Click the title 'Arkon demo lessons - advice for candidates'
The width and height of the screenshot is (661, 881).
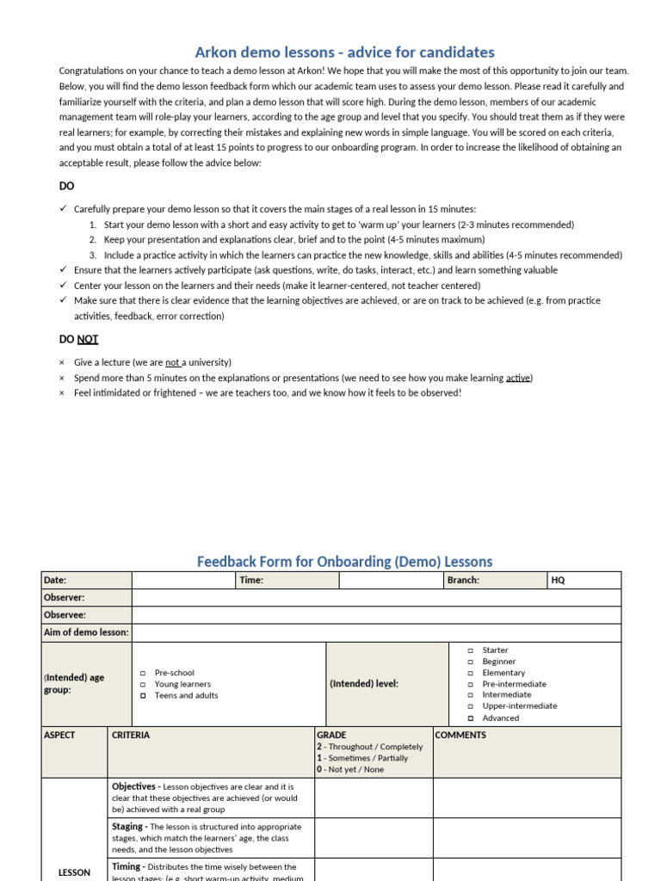click(x=344, y=52)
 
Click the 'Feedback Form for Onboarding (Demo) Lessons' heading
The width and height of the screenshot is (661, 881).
click(x=344, y=562)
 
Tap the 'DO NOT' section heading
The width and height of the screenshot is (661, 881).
click(x=78, y=339)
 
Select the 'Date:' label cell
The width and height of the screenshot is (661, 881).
click(x=55, y=581)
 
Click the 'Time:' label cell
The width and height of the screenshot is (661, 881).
click(x=251, y=581)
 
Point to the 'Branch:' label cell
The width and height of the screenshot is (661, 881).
click(x=463, y=581)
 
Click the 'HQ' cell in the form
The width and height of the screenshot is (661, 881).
click(x=559, y=581)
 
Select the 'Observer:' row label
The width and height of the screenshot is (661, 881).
click(x=65, y=598)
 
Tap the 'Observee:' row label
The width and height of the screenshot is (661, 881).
click(x=65, y=615)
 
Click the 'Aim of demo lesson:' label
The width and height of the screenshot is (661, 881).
click(x=86, y=632)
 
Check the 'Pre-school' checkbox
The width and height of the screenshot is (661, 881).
click(x=143, y=673)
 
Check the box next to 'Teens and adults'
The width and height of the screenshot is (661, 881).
click(x=143, y=696)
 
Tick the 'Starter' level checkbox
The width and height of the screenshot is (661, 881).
click(x=471, y=651)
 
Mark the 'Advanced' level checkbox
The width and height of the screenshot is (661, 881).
click(x=471, y=718)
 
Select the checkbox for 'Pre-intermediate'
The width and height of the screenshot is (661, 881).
click(x=471, y=685)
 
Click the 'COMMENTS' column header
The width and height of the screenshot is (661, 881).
click(x=460, y=736)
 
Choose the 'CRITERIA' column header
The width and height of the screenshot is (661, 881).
click(x=131, y=736)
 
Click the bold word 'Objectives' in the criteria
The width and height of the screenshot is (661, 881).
click(x=133, y=786)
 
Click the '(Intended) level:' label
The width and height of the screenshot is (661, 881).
click(x=364, y=684)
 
